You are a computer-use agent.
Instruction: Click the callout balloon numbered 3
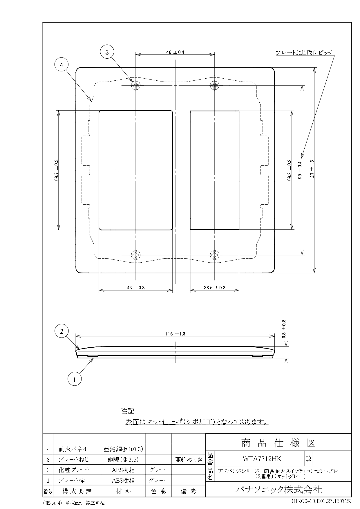(x=107, y=52)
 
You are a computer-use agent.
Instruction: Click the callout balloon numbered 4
(x=61, y=65)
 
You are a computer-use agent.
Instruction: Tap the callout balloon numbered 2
(x=62, y=332)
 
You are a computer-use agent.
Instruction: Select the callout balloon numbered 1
(x=75, y=379)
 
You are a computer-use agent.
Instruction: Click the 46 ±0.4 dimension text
(x=175, y=53)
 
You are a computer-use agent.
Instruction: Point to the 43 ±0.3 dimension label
(x=136, y=288)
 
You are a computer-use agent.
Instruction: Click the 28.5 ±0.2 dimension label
(x=214, y=288)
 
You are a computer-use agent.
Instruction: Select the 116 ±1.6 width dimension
(x=175, y=334)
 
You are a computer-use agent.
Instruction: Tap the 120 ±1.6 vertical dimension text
(x=312, y=170)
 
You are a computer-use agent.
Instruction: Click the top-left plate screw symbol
(x=136, y=85)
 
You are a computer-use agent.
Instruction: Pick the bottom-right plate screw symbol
(x=214, y=255)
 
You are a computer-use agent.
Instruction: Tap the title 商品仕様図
(x=278, y=443)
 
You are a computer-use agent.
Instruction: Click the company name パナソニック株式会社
(x=278, y=490)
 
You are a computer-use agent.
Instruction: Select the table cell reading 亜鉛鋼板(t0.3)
(x=123, y=449)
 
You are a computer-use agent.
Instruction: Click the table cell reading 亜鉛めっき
(x=188, y=460)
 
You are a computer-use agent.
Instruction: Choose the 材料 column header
(x=123, y=491)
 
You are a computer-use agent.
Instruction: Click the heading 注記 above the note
(x=128, y=411)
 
